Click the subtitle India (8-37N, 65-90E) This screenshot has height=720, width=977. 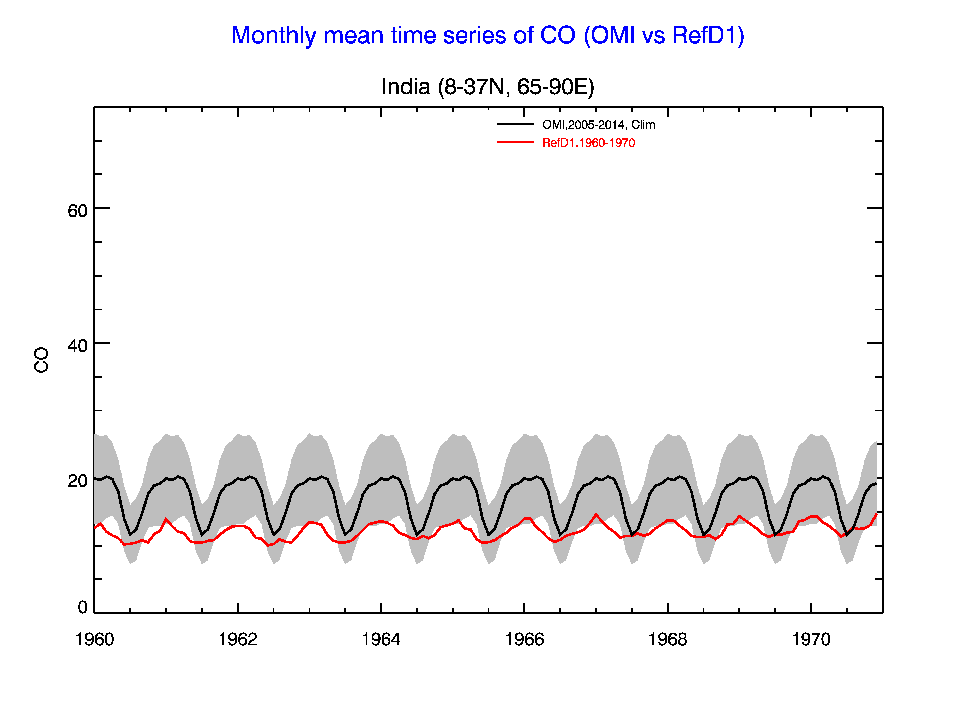(x=488, y=87)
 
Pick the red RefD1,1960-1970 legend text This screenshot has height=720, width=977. (x=588, y=143)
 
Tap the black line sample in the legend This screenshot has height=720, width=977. (x=516, y=125)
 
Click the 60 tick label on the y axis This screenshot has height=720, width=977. (x=78, y=211)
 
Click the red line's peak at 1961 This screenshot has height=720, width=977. (x=166, y=519)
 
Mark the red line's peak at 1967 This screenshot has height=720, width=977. (x=596, y=515)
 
